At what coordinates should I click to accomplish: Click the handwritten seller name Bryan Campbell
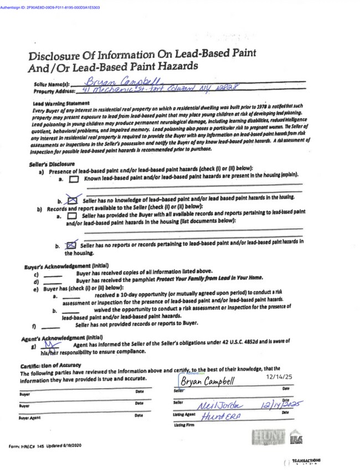120,81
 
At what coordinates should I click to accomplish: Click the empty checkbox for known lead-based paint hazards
74,179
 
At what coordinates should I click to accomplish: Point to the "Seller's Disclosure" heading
52,164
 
